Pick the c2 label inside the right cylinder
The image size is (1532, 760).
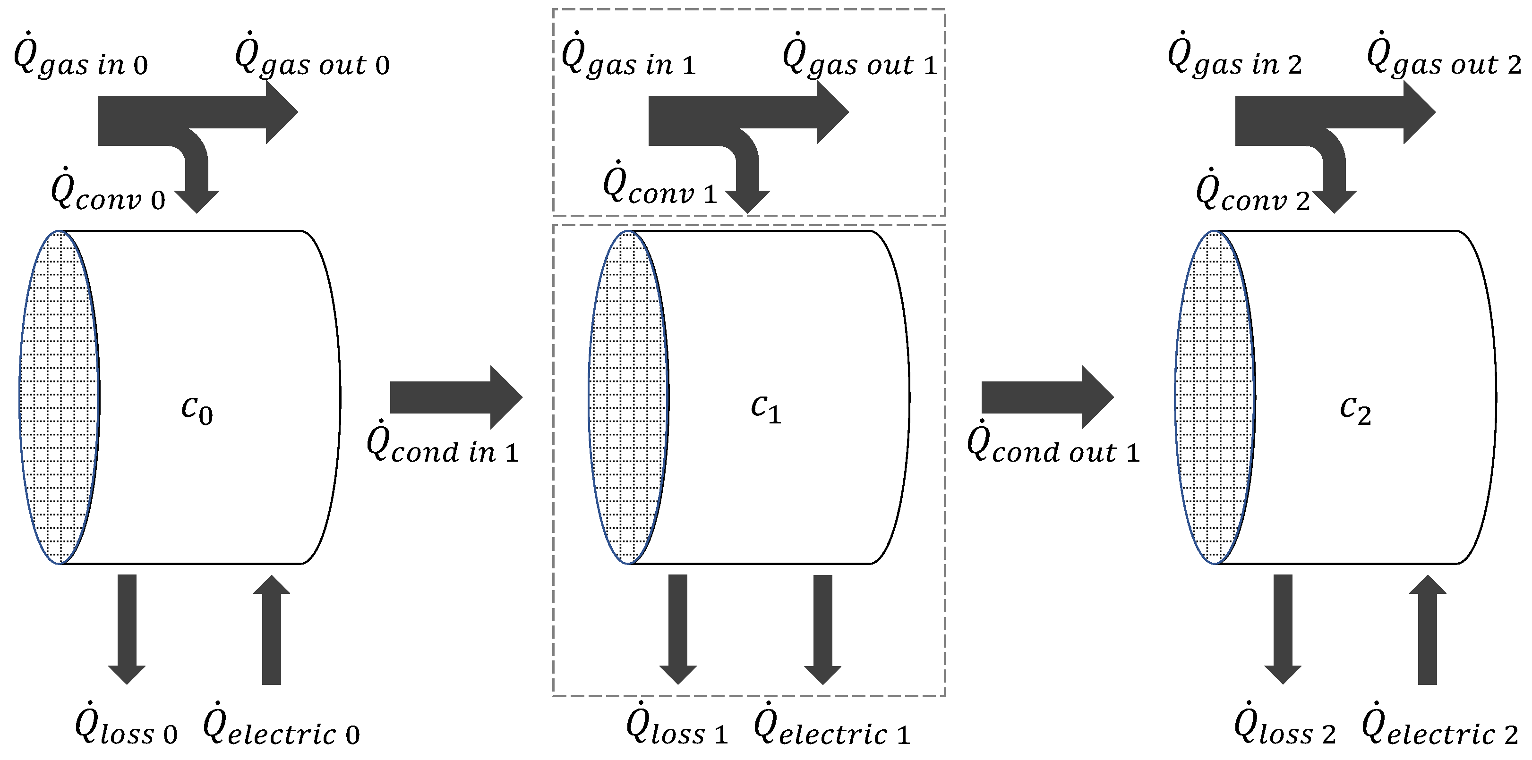pos(1355,410)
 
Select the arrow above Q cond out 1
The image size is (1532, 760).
pos(1047,397)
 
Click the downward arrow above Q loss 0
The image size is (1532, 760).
pos(127,629)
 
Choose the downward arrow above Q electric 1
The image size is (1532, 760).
pos(822,629)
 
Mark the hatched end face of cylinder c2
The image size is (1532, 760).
pos(1215,397)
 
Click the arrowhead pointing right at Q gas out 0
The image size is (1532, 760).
pos(281,112)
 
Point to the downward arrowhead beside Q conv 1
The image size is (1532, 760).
pos(748,201)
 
